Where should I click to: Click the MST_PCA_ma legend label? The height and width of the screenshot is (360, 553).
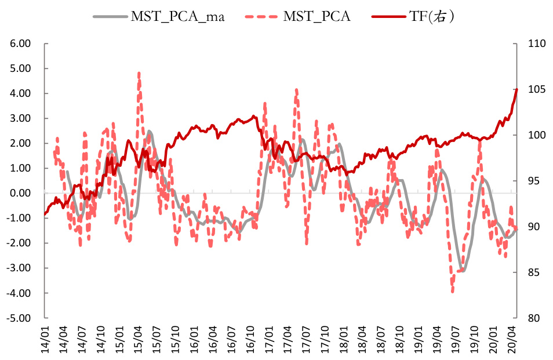[177, 16]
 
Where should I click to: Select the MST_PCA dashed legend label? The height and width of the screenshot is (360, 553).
[316, 16]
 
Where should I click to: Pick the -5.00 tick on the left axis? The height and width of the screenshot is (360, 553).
[20, 318]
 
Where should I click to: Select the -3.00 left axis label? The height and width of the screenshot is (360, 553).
[20, 268]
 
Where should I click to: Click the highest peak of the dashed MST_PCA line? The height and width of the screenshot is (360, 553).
[139, 74]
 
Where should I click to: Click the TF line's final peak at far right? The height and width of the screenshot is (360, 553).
[516, 89]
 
